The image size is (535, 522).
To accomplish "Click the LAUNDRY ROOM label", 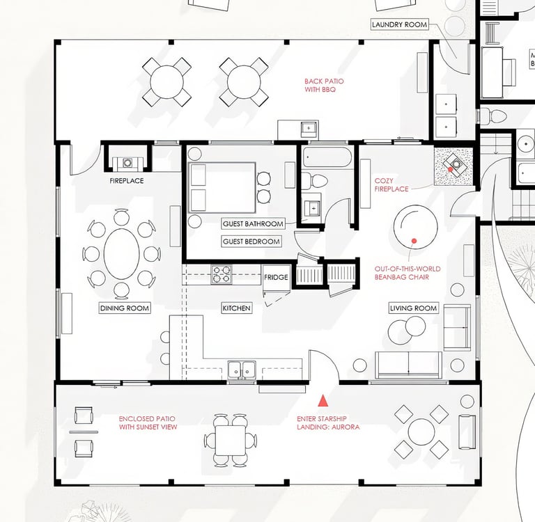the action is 399,24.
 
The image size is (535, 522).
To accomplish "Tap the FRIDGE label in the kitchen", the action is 276,277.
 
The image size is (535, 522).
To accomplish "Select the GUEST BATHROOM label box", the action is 253,223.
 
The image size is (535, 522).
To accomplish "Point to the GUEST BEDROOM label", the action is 251,242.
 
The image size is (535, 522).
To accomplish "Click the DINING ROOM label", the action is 125,308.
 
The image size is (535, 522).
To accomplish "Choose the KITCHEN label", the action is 236,308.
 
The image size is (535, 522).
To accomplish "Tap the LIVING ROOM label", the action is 413,308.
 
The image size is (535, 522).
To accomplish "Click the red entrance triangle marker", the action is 323,401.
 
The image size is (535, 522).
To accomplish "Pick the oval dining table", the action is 121,253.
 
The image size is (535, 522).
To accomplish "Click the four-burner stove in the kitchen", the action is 222,274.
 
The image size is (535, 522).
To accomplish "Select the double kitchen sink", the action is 242,370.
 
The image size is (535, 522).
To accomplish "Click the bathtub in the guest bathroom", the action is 327,157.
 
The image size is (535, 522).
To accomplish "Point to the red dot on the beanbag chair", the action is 414,241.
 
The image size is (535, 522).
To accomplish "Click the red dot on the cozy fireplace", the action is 451,169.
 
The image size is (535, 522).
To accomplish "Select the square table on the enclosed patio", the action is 231,440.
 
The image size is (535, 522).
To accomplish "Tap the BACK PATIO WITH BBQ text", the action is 324,85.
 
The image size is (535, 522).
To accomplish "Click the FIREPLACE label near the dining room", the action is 127,181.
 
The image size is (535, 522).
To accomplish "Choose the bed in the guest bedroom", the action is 222,187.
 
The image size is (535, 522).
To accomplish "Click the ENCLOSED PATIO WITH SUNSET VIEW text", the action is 148,422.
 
